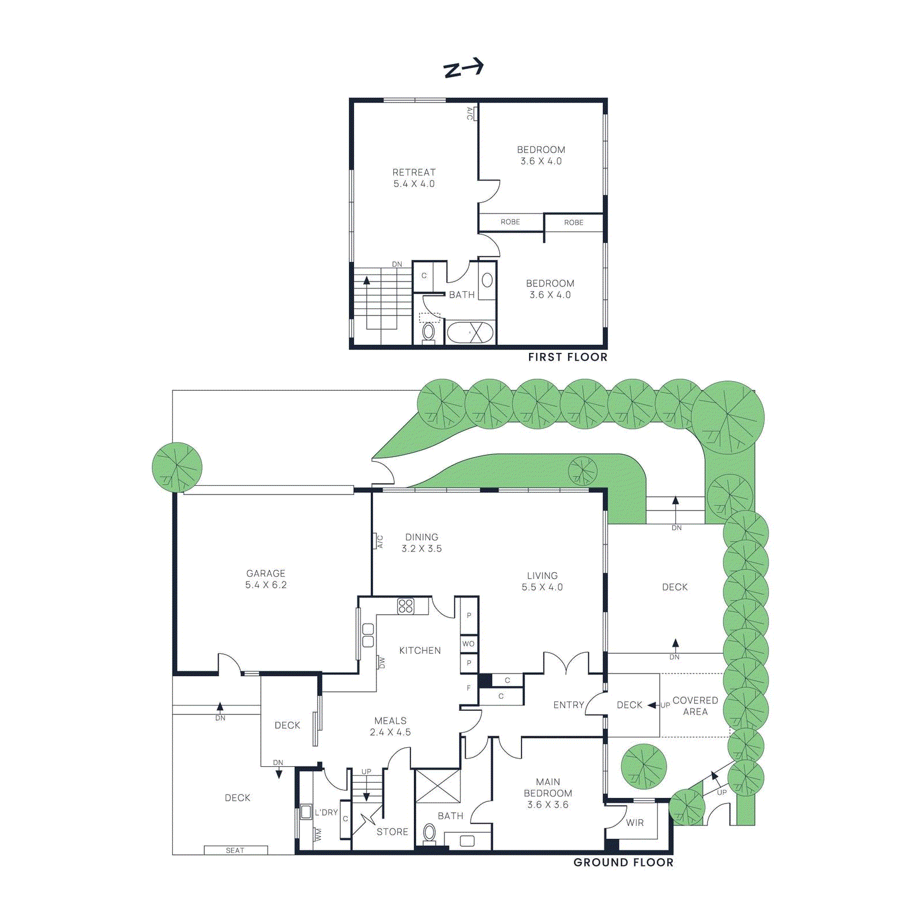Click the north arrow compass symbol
coord(463,68)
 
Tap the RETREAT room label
coord(414,173)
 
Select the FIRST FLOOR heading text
coord(568,357)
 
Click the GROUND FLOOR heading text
coord(623,862)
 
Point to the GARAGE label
coord(266,574)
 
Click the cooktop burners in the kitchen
coord(405,606)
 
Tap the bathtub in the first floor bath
coord(470,333)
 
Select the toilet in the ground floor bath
coord(429,832)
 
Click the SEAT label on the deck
coord(235,850)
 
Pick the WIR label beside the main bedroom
coord(635,823)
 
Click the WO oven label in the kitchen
coord(469,644)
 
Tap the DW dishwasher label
coord(381,663)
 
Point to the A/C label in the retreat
coord(470,113)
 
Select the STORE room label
coord(392,832)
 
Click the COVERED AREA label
coord(695,706)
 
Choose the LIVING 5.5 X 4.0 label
coord(542,581)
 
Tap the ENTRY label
coord(568,705)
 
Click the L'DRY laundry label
coord(326,813)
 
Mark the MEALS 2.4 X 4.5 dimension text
coord(390,732)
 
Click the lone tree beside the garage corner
coord(177,467)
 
